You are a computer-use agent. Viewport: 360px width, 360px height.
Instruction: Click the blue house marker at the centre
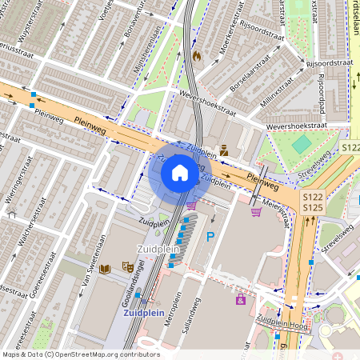click(180, 172)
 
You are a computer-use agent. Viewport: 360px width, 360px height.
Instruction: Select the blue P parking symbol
click(211, 236)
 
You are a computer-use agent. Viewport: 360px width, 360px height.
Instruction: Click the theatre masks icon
click(126, 266)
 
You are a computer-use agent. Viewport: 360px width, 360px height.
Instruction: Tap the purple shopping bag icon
click(241, 299)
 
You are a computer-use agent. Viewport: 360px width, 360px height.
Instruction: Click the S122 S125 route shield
click(312, 202)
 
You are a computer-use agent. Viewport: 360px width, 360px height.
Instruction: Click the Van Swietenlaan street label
click(70, 276)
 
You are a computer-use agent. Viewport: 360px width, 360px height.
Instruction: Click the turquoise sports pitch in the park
click(302, 144)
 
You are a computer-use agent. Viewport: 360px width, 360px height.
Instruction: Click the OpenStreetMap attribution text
click(80, 354)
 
